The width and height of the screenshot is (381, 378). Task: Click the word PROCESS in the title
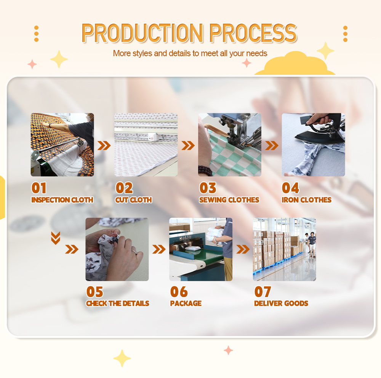pyautogui.click(x=253, y=34)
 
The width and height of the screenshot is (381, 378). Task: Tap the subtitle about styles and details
pyautogui.click(x=190, y=53)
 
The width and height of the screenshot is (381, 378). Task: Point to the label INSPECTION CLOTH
pyautogui.click(x=62, y=200)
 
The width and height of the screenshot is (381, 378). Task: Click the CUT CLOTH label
pyautogui.click(x=134, y=200)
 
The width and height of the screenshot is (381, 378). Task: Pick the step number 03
pyautogui.click(x=208, y=188)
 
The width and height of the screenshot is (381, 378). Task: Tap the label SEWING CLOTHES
pyautogui.click(x=229, y=200)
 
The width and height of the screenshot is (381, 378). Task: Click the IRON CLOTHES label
pyautogui.click(x=306, y=200)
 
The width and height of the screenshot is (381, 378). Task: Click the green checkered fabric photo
pyautogui.click(x=229, y=145)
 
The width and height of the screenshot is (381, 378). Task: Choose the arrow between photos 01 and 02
pyautogui.click(x=104, y=145)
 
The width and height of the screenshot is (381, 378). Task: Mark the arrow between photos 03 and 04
pyautogui.click(x=272, y=145)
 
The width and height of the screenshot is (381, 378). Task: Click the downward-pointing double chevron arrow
pyautogui.click(x=56, y=238)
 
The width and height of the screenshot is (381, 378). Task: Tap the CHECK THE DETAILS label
pyautogui.click(x=117, y=304)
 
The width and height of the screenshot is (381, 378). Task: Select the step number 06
pyautogui.click(x=179, y=292)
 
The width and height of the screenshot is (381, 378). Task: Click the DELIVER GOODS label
pyautogui.click(x=281, y=304)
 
